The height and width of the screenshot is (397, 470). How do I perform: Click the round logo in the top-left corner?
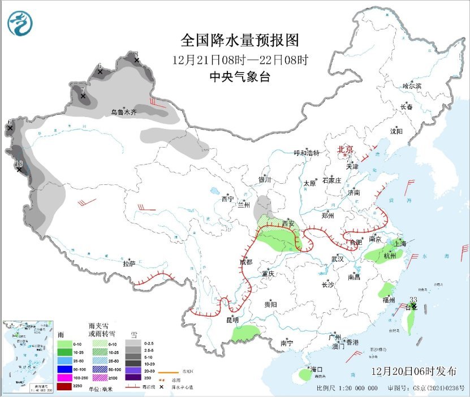pyautogui.click(x=20, y=23)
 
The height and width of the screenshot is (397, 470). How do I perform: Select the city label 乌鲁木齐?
pyautogui.click(x=123, y=113)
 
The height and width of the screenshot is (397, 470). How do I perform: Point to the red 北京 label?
pyautogui.click(x=345, y=149)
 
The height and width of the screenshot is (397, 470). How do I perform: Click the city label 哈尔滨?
pyautogui.click(x=412, y=86)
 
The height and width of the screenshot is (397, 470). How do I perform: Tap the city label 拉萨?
pyautogui.click(x=129, y=264)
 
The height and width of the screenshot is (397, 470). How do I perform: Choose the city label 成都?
pyautogui.click(x=245, y=262)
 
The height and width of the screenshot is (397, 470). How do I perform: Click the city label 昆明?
pyautogui.click(x=232, y=320)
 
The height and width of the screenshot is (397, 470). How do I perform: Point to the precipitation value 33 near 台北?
pyautogui.click(x=413, y=300)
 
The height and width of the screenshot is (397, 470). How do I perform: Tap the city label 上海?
pyautogui.click(x=399, y=243)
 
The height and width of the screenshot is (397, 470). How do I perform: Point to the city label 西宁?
pyautogui.click(x=227, y=199)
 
